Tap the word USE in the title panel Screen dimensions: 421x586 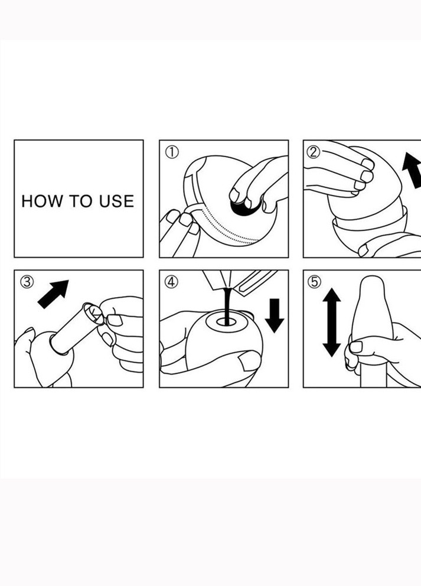(x=116, y=201)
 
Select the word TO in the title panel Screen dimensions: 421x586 (x=81, y=201)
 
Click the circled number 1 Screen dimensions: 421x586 (x=172, y=152)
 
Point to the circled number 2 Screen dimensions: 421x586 (x=314, y=152)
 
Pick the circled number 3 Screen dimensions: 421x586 (x=27, y=282)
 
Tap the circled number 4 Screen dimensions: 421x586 (x=171, y=282)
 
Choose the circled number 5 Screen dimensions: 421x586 (x=315, y=282)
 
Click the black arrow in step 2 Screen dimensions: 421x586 (x=412, y=170)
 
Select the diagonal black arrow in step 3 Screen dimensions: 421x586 (x=53, y=294)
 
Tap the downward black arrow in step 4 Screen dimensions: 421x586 (x=275, y=315)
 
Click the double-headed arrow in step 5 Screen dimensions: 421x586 (x=331, y=322)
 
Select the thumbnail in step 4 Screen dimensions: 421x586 (x=250, y=362)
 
